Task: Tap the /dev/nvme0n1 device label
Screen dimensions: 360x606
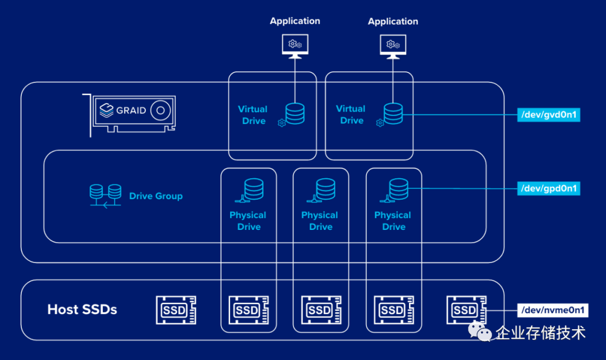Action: pyautogui.click(x=552, y=310)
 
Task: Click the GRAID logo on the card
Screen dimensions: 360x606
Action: pyautogui.click(x=123, y=110)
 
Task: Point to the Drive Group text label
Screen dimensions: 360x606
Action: pyautogui.click(x=156, y=196)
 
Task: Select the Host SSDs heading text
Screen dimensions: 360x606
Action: pyautogui.click(x=82, y=310)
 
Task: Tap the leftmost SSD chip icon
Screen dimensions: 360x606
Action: pyautogui.click(x=176, y=310)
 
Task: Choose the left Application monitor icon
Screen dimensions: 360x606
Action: pyautogui.click(x=295, y=45)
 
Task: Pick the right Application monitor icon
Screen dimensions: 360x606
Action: pyautogui.click(x=393, y=45)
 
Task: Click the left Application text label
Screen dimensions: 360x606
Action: pyautogui.click(x=295, y=21)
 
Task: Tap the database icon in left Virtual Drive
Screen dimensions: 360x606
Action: pyautogui.click(x=295, y=113)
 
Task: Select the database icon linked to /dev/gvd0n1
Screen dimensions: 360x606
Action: pyautogui.click(x=393, y=113)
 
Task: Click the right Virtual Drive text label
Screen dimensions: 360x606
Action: pyautogui.click(x=351, y=114)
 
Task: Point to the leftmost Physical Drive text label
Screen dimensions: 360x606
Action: pyautogui.click(x=248, y=221)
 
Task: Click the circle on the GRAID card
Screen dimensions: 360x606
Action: pyautogui.click(x=161, y=110)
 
